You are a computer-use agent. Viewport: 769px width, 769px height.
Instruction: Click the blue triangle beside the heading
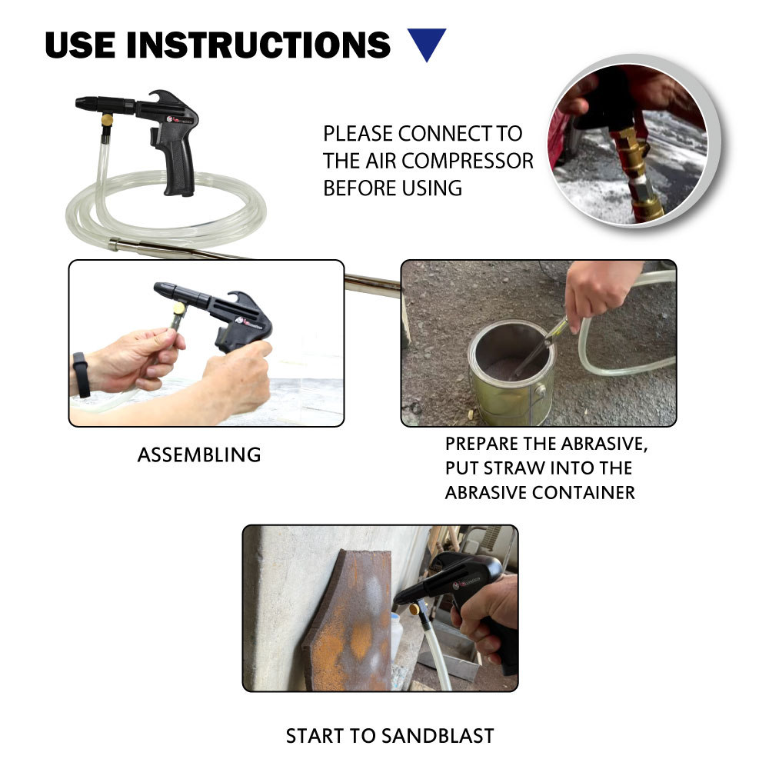427,42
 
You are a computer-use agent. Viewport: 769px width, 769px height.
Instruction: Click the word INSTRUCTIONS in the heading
258,45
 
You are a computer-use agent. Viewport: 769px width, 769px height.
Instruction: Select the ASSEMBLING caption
199,454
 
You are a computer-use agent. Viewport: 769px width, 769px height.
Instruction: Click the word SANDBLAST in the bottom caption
438,736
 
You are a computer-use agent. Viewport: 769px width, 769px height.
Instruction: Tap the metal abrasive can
511,373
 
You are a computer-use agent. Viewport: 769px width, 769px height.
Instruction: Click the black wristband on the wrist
82,375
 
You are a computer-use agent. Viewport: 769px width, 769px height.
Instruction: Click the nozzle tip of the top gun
80,103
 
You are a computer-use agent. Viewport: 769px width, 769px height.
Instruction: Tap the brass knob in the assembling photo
178,308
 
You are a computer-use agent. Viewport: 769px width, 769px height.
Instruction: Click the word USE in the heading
81,45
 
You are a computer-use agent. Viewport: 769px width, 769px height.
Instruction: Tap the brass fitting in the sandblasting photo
416,609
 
